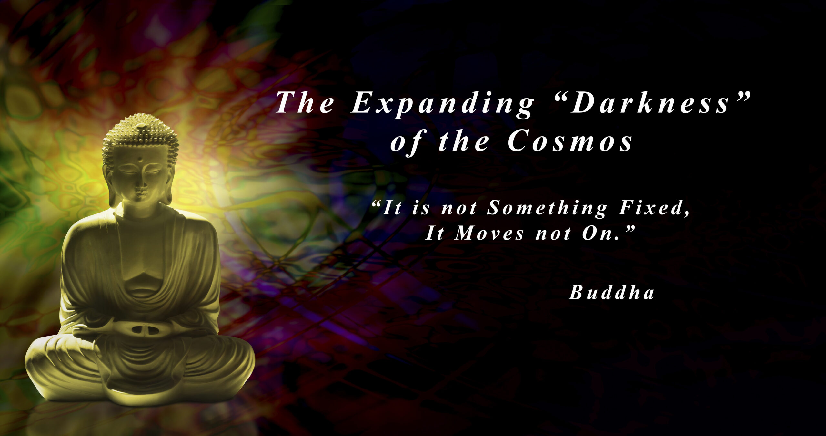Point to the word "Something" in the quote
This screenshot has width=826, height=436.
pyautogui.click(x=547, y=208)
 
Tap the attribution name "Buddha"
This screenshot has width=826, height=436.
pyautogui.click(x=611, y=293)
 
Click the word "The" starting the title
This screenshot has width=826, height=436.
pyautogui.click(x=305, y=103)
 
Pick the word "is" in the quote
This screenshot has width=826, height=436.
pyautogui.click(x=421, y=209)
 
